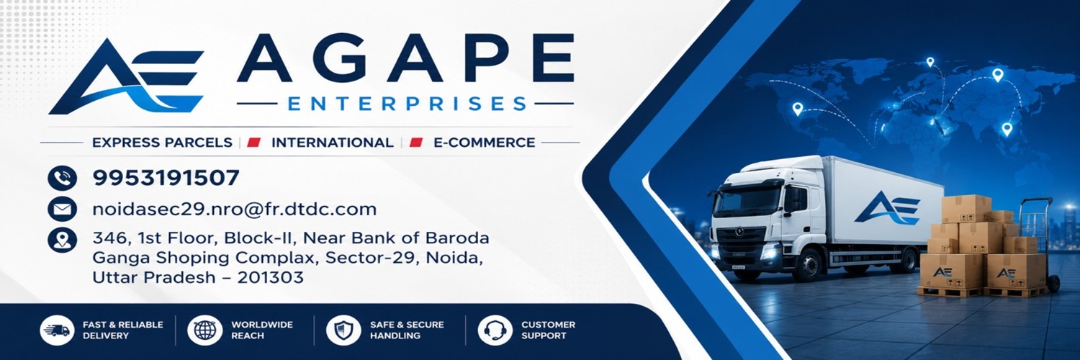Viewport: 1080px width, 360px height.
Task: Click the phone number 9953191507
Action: point(166,178)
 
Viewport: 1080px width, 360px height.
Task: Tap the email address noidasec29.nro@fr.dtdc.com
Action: point(234,209)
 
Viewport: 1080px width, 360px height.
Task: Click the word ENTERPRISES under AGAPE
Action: point(407,104)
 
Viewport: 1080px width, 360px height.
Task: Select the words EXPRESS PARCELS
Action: point(162,143)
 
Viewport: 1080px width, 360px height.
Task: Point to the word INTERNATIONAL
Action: point(332,143)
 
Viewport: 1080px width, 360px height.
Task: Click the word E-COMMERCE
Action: point(485,143)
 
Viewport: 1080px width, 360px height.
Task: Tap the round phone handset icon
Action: point(62,178)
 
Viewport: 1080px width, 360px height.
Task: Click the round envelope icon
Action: point(62,209)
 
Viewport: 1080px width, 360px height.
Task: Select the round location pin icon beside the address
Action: point(62,240)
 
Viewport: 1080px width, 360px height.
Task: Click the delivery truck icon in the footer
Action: point(57,330)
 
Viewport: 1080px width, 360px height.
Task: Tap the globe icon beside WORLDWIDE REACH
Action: point(205,330)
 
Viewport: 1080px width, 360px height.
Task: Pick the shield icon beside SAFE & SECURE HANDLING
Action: point(343,330)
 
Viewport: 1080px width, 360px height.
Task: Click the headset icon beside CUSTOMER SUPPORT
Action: point(495,330)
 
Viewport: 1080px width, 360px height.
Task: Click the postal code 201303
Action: point(271,278)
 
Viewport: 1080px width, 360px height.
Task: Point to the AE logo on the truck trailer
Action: point(887,208)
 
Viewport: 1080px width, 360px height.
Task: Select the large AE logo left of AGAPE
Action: point(126,76)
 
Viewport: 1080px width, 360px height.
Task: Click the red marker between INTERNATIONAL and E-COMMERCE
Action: point(415,143)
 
